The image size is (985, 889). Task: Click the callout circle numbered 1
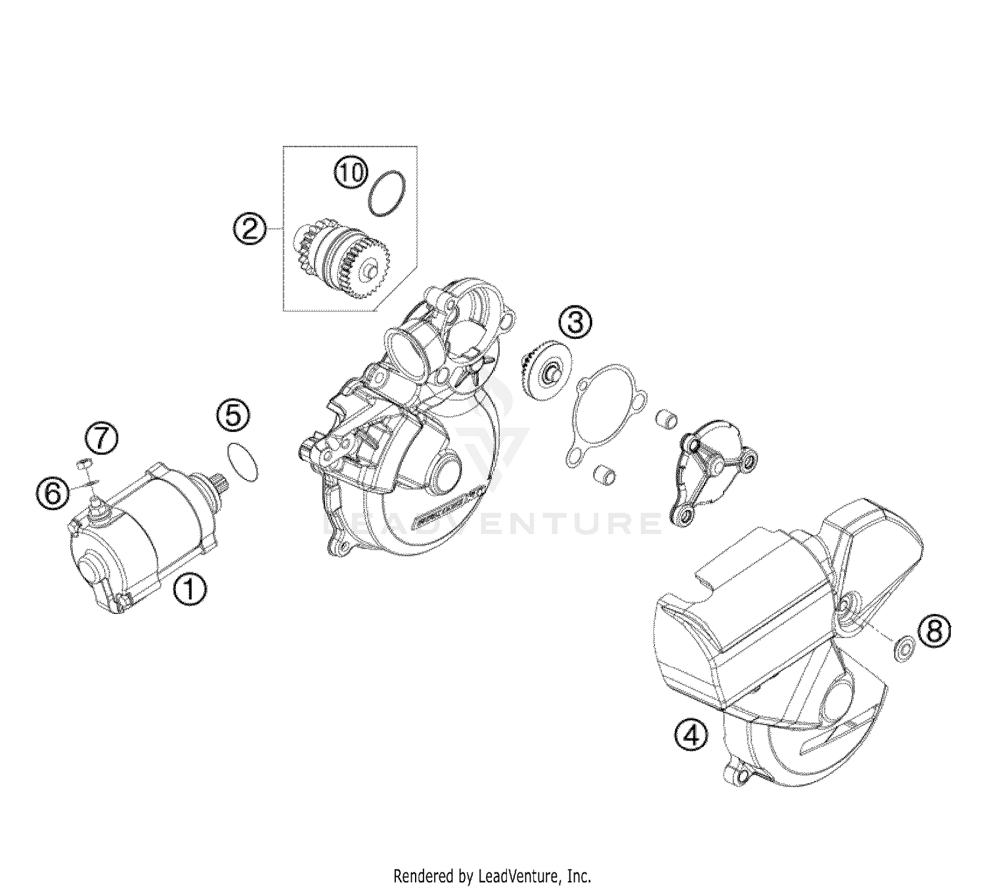coord(189,588)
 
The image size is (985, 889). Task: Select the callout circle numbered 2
coord(250,229)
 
